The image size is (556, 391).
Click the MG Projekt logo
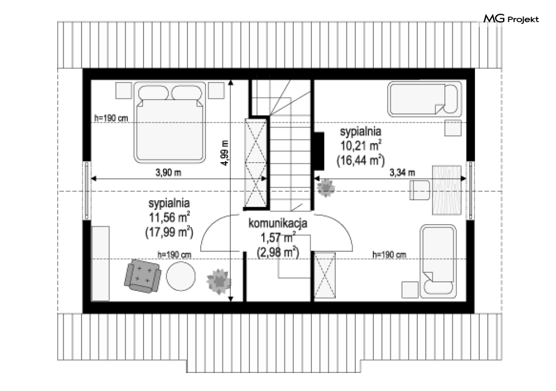[511, 19]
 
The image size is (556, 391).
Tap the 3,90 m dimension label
[168, 173]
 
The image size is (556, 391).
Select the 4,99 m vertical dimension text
[225, 153]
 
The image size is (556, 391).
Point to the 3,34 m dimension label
[402, 173]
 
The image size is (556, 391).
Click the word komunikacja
[277, 224]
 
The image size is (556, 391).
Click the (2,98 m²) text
[277, 252]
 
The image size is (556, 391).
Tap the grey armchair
[142, 276]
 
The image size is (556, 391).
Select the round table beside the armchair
[181, 277]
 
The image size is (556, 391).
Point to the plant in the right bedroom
[326, 188]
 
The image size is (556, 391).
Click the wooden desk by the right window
[447, 190]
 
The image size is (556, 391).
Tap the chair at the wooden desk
[420, 190]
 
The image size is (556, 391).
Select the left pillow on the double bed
[153, 93]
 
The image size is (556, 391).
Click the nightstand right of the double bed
[216, 90]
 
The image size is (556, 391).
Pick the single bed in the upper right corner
[425, 99]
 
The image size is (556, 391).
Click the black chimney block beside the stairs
[319, 150]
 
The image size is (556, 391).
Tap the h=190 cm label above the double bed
[111, 118]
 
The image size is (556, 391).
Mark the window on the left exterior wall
[86, 190]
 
